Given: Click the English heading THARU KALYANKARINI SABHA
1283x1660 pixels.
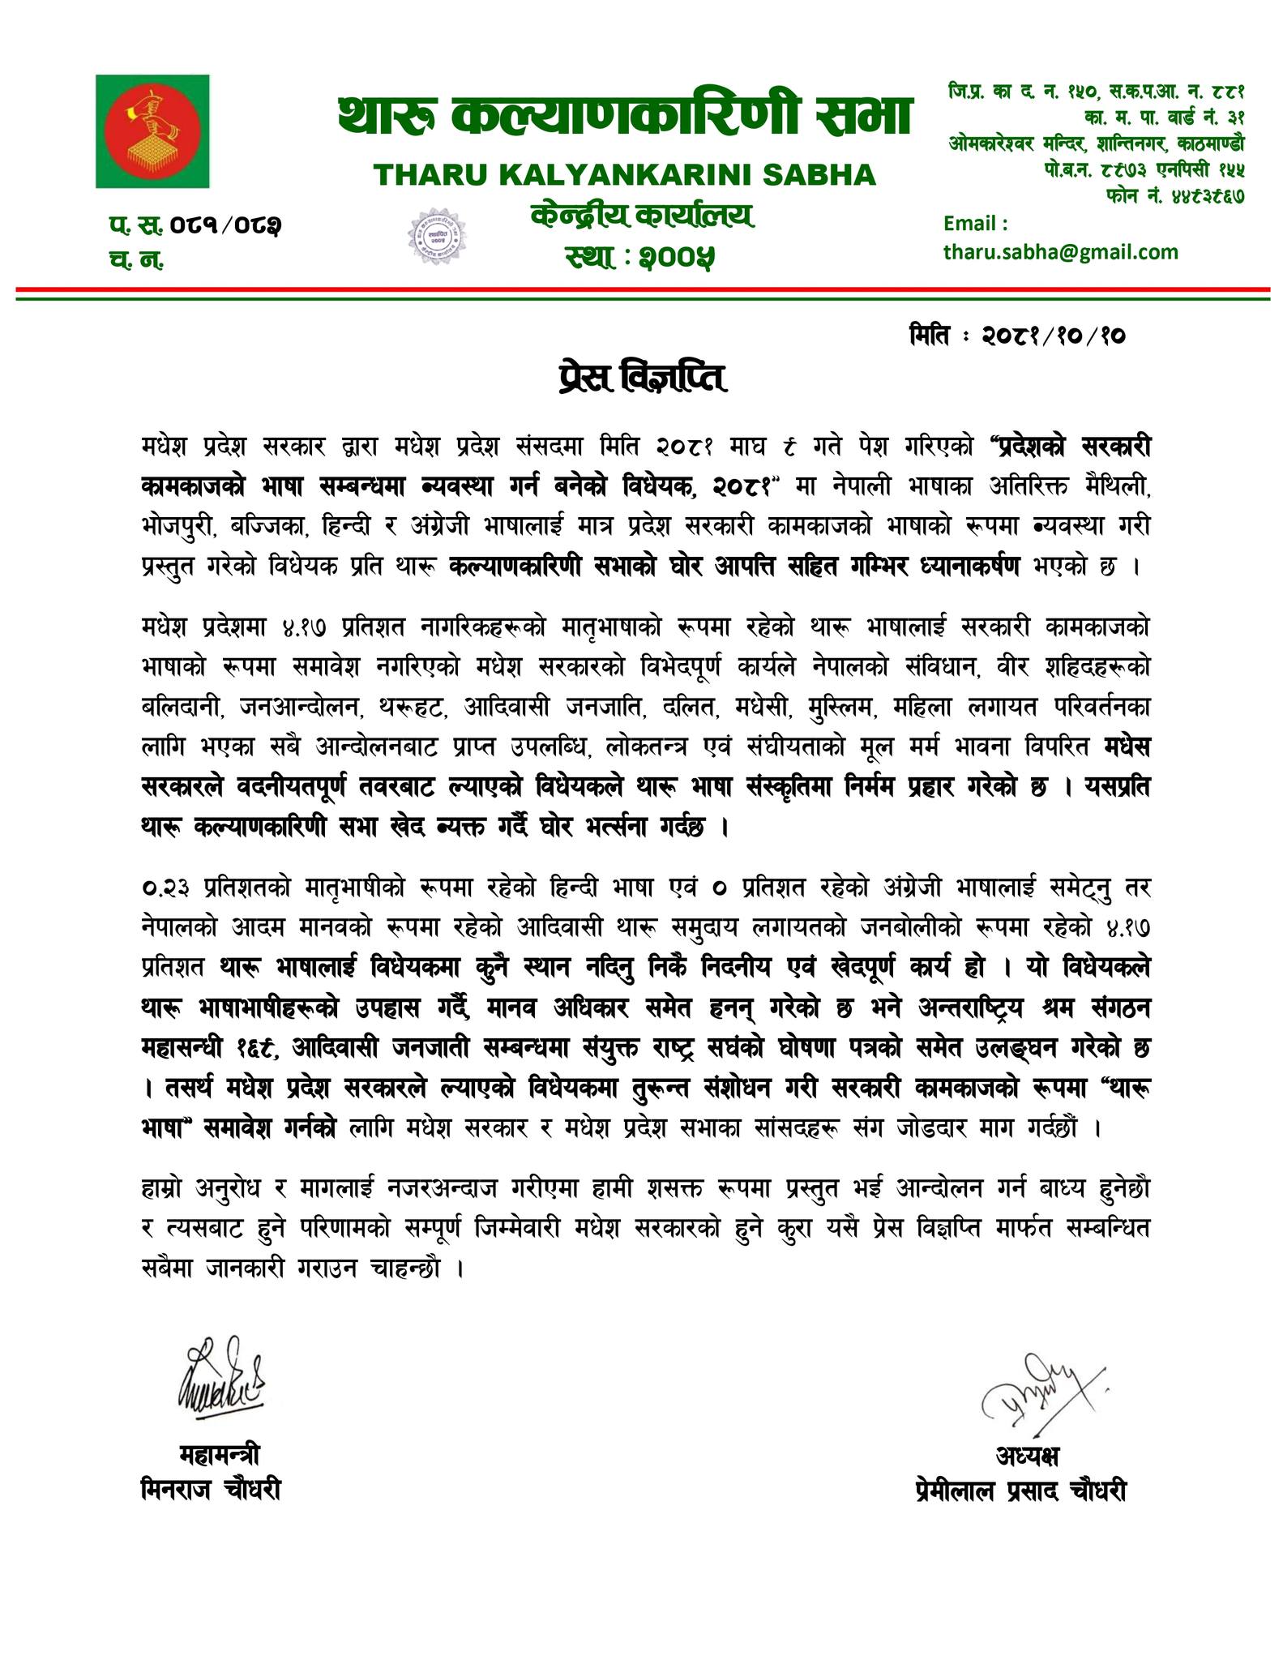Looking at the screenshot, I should coord(624,174).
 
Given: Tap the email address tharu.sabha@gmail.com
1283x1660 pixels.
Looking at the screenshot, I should coord(1060,252).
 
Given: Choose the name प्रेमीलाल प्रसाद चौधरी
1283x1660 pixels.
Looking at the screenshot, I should coord(1018,1490).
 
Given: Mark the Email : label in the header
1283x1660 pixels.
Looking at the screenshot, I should coord(976,223).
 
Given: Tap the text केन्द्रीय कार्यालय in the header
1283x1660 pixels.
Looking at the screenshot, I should coord(641,216).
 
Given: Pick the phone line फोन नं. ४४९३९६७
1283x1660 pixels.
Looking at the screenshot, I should coord(1174,195).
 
